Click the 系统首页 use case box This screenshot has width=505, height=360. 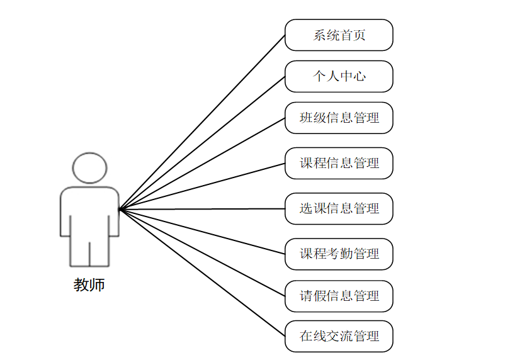[x=339, y=35]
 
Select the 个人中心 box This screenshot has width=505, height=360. [x=339, y=77]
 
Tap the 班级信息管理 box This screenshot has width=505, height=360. [x=339, y=118]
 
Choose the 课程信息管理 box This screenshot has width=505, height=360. [x=339, y=164]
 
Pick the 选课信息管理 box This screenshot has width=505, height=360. [x=339, y=209]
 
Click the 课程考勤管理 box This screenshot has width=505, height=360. [x=339, y=254]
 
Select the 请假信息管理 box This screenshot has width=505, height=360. [x=339, y=296]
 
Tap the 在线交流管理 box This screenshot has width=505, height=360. [x=339, y=336]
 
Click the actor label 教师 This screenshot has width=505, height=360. [x=89, y=285]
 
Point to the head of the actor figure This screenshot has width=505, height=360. [x=89, y=168]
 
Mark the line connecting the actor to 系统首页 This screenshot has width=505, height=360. [x=201, y=122]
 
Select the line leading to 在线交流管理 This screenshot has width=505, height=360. [x=201, y=272]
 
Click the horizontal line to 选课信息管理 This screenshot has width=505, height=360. [x=201, y=209]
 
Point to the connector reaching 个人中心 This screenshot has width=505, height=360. [x=201, y=143]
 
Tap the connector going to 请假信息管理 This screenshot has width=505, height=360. [x=201, y=252]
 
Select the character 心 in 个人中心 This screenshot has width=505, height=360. [x=359, y=77]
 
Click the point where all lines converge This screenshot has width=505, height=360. [x=120, y=209]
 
